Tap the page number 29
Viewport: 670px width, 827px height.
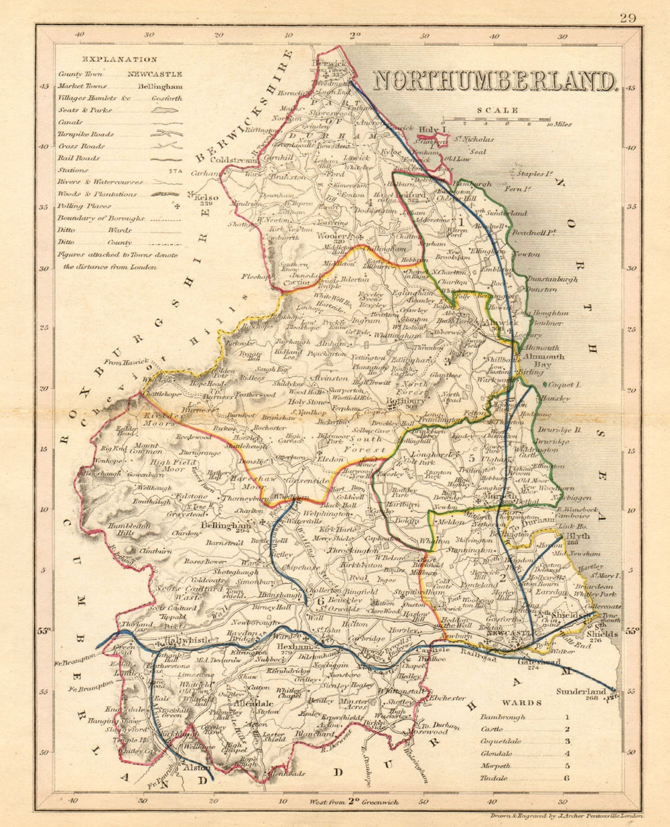point(627,18)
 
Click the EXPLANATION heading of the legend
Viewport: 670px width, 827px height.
point(117,60)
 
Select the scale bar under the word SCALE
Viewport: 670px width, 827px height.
point(513,121)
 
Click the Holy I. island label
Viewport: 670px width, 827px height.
point(429,129)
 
